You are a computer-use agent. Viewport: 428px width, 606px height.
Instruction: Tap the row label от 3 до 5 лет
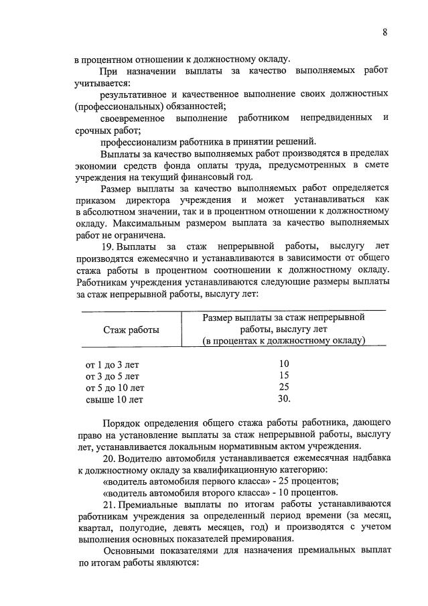(x=112, y=376)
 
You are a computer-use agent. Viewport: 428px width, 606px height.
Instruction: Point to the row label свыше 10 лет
(x=114, y=400)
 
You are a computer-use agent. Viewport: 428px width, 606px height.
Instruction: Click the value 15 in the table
(x=283, y=376)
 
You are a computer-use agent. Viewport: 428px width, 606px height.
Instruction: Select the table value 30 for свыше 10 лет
(x=283, y=399)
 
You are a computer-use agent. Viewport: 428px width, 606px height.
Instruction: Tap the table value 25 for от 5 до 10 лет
(x=283, y=388)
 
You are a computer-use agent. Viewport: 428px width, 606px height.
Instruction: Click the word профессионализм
(x=137, y=141)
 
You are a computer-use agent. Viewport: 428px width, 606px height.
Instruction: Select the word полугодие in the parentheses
(x=132, y=528)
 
